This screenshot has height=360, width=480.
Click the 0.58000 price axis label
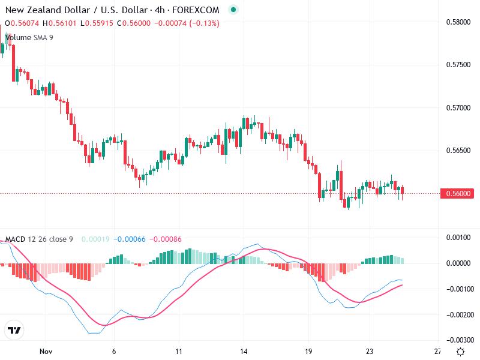[459, 23]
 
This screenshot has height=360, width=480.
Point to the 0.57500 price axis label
[459, 65]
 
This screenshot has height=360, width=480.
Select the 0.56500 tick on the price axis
[459, 150]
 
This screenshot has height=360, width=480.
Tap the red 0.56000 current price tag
[459, 193]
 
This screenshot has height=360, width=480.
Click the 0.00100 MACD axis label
[460, 238]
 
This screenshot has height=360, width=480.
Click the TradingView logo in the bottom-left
[14, 331]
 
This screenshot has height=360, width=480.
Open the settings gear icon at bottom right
[460, 352]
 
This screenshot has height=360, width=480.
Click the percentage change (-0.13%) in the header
[205, 23]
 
